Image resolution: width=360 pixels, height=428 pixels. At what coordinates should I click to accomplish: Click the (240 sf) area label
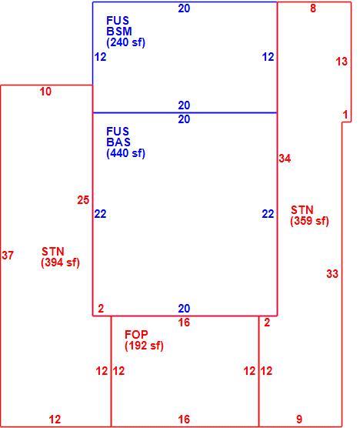coord(125,42)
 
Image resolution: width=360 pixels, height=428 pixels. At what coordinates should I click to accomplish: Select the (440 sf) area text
coord(125,153)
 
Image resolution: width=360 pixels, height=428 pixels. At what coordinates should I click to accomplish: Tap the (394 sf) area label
coord(60,262)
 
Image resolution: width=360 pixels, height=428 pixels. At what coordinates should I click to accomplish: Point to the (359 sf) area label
coord(309,221)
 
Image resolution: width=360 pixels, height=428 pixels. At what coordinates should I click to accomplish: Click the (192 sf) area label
coord(144,346)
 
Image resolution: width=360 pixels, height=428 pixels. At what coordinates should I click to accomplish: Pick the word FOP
coord(136,334)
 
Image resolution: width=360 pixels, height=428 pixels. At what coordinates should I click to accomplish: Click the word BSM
coord(119,32)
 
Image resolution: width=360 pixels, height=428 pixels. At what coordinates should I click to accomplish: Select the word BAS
coord(118,142)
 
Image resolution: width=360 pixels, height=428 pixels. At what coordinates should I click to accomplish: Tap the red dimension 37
coord(8,256)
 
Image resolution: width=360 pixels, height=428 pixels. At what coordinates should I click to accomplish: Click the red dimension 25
coord(83,200)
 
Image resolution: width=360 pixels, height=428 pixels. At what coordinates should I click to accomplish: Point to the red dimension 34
coord(285,159)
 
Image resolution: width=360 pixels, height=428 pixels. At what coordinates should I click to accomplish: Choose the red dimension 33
coord(332,273)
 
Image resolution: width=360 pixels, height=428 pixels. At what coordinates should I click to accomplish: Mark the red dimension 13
coord(342,62)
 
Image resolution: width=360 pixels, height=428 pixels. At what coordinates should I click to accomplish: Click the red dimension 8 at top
coord(313,8)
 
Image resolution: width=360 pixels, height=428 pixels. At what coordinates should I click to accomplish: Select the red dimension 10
coord(45,92)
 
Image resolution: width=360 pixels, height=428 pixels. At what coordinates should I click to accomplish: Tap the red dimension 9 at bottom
coord(299,419)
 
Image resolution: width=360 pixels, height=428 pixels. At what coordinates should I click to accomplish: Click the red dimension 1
coord(345,115)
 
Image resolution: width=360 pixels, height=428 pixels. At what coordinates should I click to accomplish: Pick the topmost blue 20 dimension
coord(184,8)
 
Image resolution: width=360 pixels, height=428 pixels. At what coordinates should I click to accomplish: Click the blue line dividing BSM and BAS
coord(185,112)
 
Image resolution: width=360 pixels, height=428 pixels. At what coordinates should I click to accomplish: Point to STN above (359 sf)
coord(302,210)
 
